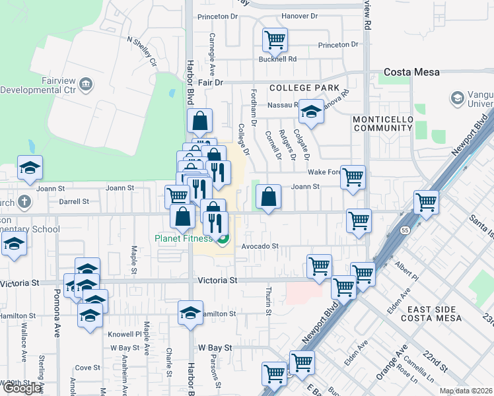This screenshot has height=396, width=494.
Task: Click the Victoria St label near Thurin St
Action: pyautogui.click(x=217, y=280)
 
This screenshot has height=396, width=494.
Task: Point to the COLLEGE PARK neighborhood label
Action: pyautogui.click(x=304, y=88)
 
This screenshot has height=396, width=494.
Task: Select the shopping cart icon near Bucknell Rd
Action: pyautogui.click(x=275, y=40)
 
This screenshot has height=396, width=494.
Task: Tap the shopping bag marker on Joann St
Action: pyautogui.click(x=268, y=197)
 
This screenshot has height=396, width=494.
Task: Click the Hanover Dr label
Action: pyautogui.click(x=299, y=16)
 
